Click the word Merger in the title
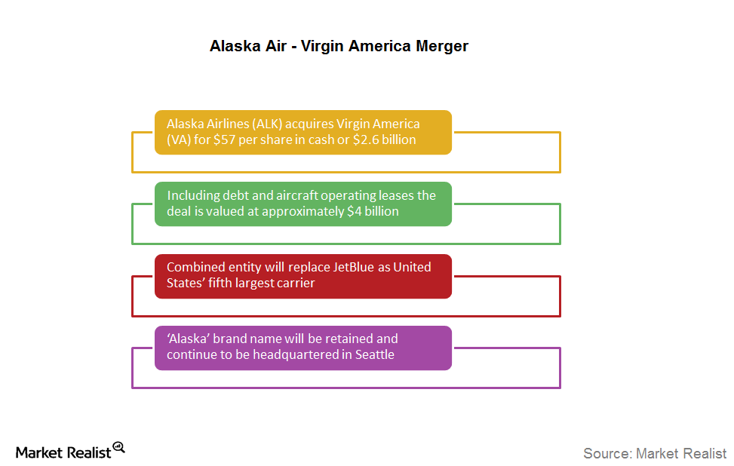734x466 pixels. click(442, 47)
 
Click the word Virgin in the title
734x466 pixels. click(322, 47)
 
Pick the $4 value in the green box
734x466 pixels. click(355, 211)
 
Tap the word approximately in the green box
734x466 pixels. click(303, 211)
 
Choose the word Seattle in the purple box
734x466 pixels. click(374, 354)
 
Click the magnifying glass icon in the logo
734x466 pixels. click(119, 448)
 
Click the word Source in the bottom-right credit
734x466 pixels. click(607, 453)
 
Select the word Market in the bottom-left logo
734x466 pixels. click(39, 452)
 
